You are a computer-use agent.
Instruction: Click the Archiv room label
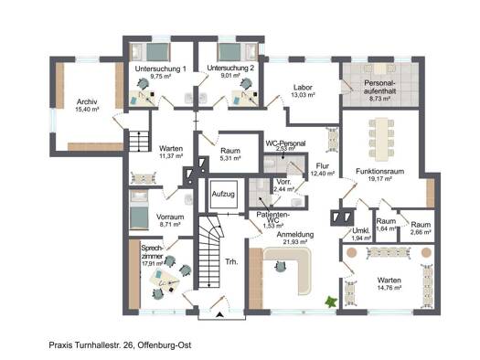87,101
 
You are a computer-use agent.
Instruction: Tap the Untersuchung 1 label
160,69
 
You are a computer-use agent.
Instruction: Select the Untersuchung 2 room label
230,69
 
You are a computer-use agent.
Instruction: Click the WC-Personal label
284,144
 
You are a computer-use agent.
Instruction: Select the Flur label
324,165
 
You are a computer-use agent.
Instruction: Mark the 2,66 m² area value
421,232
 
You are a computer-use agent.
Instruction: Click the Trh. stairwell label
231,262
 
